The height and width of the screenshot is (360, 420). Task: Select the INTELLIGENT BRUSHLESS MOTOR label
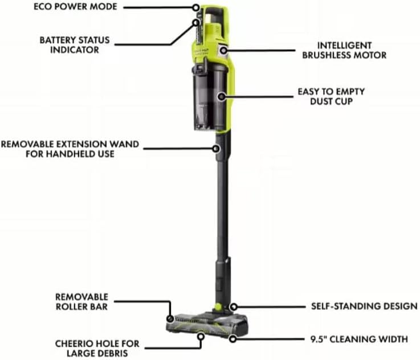(x=352, y=50)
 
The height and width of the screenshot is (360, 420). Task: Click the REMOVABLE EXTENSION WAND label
(x=70, y=149)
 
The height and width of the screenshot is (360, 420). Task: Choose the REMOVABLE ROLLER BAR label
(x=82, y=302)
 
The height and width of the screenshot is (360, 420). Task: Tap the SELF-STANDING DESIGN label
(x=364, y=306)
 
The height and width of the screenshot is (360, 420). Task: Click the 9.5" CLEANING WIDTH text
(x=359, y=339)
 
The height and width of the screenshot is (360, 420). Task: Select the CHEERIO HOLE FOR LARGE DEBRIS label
(x=97, y=349)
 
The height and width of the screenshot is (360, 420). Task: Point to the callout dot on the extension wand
(x=217, y=149)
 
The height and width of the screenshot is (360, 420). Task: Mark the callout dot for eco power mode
(x=197, y=8)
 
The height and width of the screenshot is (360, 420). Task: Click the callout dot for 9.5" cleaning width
(x=233, y=339)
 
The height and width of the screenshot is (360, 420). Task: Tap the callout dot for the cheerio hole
(x=201, y=338)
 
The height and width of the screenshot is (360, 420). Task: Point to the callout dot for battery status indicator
(x=195, y=23)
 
